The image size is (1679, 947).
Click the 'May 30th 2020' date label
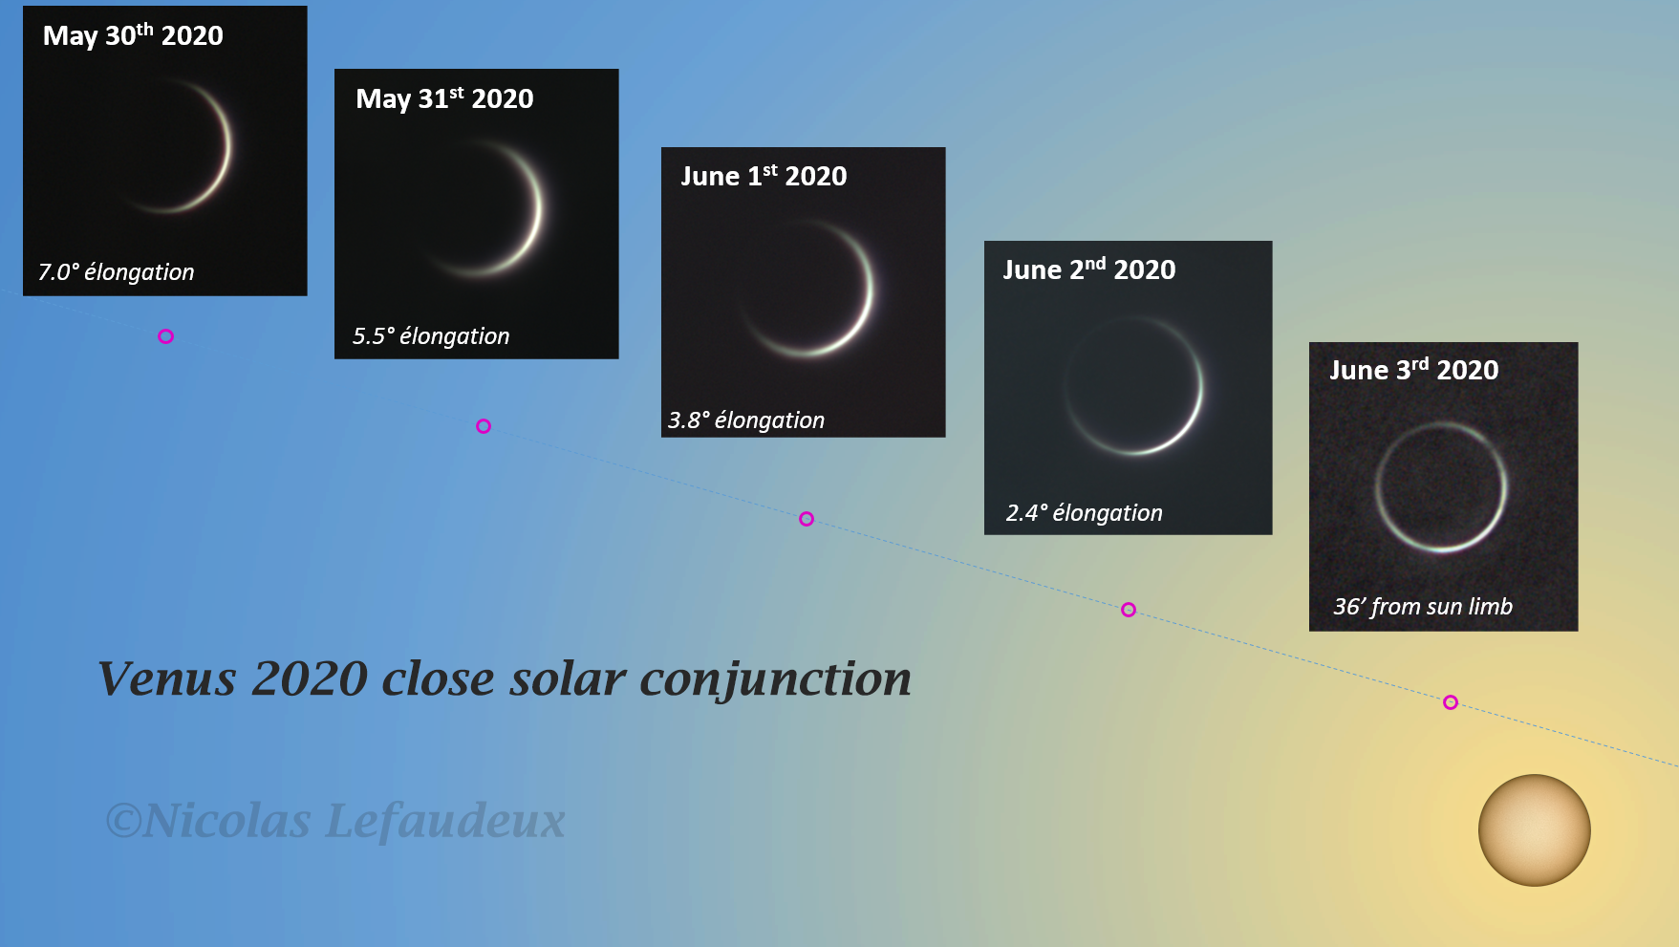[x=133, y=35]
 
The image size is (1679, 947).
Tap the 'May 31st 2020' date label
[x=444, y=98]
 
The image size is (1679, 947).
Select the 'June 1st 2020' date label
[x=764, y=176]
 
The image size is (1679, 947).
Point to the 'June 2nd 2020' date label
[x=1089, y=269]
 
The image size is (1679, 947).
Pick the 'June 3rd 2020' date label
[x=1414, y=370]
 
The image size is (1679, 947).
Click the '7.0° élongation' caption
[x=116, y=272]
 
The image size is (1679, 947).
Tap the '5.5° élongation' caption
[x=431, y=336]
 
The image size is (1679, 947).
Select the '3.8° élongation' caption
[x=746, y=420]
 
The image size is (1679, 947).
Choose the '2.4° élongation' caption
[x=1085, y=513]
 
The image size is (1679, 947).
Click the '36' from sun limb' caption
[x=1423, y=607]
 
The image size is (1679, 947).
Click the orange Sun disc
[x=1535, y=830]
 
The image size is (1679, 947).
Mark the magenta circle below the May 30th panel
[x=166, y=336]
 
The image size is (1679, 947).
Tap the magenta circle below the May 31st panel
[x=484, y=426]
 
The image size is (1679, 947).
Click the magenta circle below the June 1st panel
[x=807, y=519]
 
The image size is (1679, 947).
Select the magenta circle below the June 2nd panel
[x=1129, y=610]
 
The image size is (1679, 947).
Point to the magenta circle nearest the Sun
[x=1451, y=702]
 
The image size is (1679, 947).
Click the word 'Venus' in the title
[x=167, y=679]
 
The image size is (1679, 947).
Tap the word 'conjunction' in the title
[x=776, y=680]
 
